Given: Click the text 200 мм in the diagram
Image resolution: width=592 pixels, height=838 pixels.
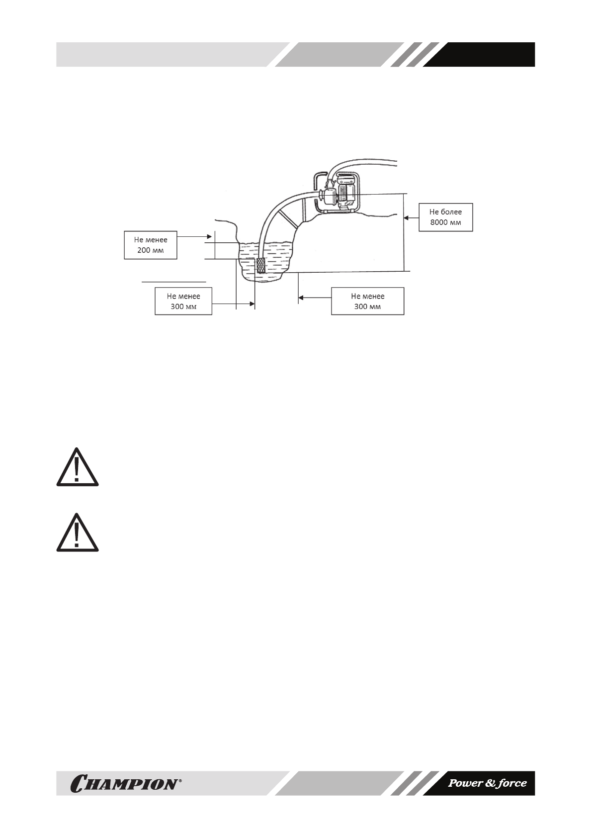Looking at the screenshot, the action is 150,250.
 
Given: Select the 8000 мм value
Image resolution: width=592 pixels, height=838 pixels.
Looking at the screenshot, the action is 445,222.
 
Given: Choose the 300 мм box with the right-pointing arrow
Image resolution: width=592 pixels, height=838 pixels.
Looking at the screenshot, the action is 183,301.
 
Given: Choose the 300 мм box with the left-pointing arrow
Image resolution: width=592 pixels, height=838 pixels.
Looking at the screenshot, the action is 367,301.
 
